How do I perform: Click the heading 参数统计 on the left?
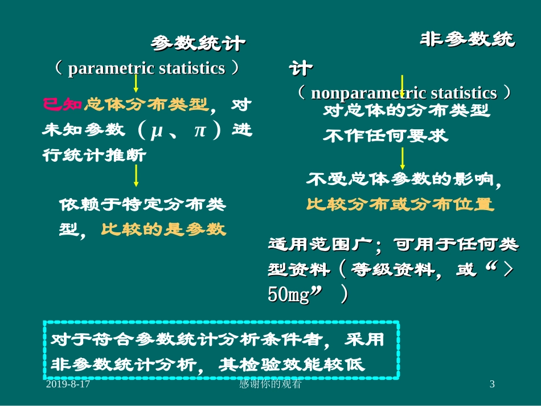coord(198,43)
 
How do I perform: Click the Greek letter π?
coord(199,130)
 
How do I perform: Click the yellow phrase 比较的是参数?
coord(163,229)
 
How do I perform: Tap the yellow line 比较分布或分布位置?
coord(400,204)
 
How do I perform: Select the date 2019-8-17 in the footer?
coord(68,385)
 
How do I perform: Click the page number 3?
coord(492,385)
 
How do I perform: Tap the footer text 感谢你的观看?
coord(270,385)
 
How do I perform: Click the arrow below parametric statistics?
coord(136,84)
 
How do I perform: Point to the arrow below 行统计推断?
coord(136,177)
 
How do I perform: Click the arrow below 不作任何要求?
coord(403,158)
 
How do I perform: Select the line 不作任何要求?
coord(386,136)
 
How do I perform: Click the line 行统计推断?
coord(95,155)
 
